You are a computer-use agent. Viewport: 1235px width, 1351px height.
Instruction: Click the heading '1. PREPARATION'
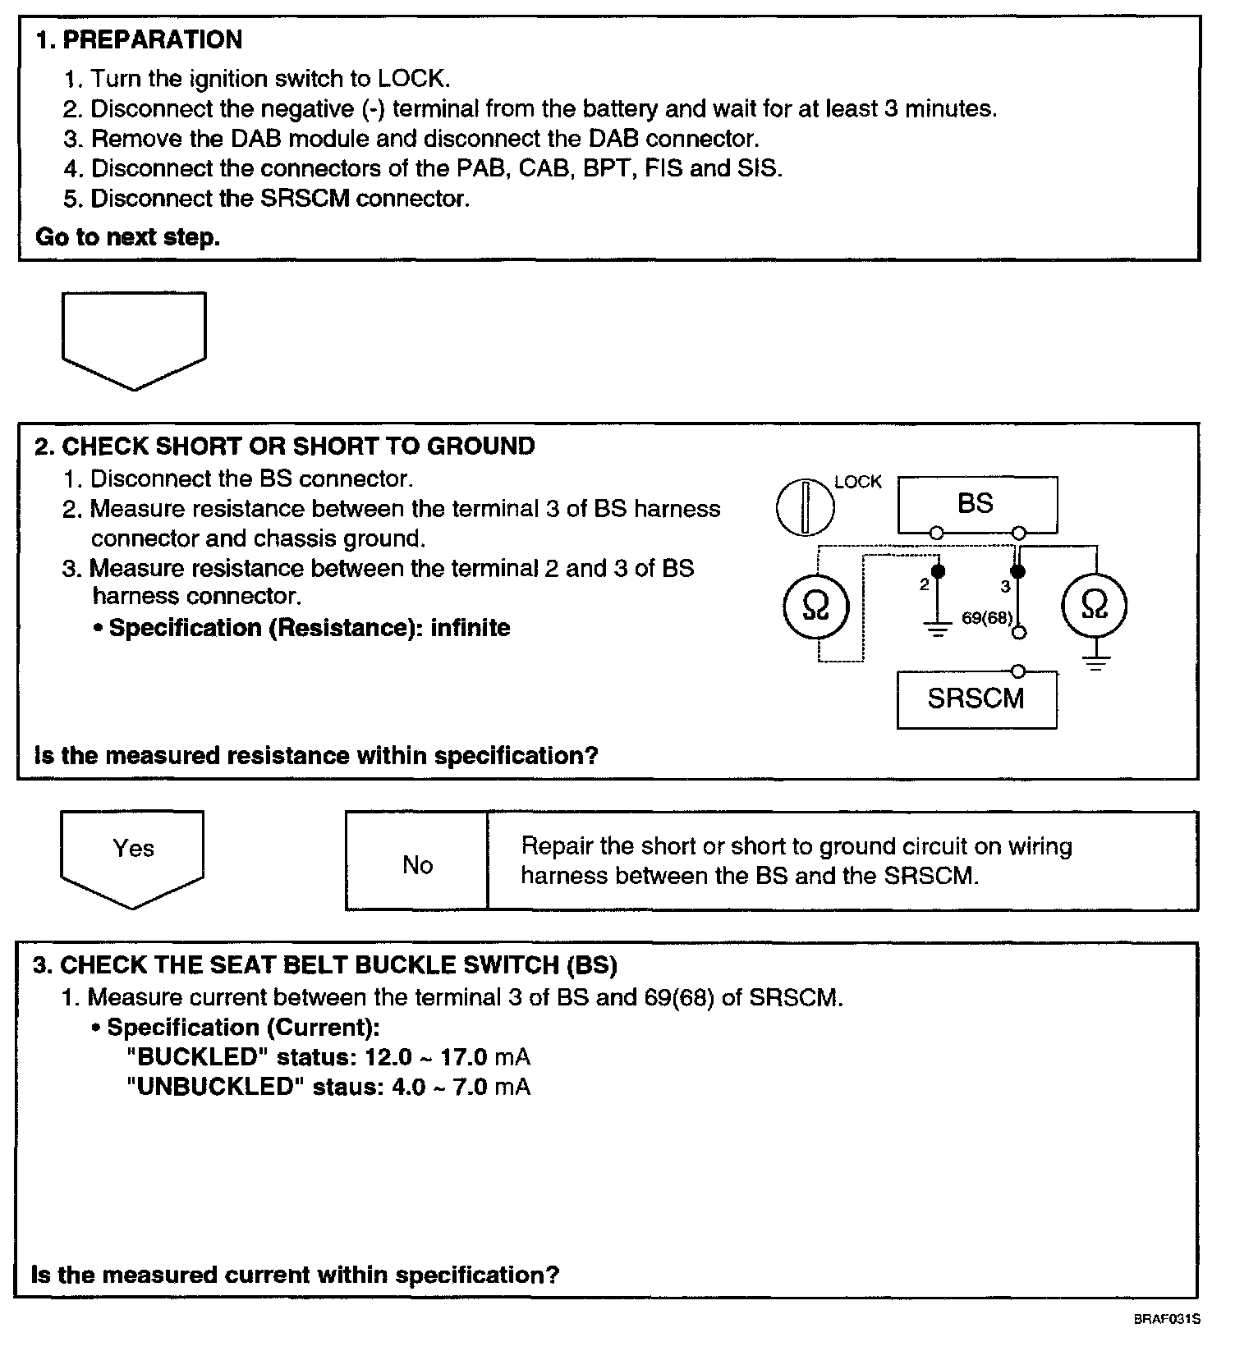[139, 39]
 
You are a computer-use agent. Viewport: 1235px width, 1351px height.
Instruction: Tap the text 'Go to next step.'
[127, 237]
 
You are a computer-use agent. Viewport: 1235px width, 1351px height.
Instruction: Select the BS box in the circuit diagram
[976, 503]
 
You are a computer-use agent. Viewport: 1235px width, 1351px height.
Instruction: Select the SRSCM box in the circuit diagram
[976, 698]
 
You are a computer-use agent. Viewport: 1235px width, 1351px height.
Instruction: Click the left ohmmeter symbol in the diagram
[815, 607]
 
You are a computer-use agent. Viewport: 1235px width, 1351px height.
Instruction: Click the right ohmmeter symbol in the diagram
[1095, 606]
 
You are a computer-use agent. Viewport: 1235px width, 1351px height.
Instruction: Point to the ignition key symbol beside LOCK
[805, 506]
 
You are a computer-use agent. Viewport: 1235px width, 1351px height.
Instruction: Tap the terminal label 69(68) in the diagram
[986, 618]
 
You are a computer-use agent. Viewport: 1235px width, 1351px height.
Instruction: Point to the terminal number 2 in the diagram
[925, 584]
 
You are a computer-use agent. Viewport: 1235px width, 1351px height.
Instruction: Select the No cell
[417, 864]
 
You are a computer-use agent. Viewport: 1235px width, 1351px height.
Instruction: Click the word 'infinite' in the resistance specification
[470, 628]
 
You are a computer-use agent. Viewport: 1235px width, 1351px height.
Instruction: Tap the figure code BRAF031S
[1167, 1319]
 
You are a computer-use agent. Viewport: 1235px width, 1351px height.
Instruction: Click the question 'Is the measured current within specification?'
[295, 1275]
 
